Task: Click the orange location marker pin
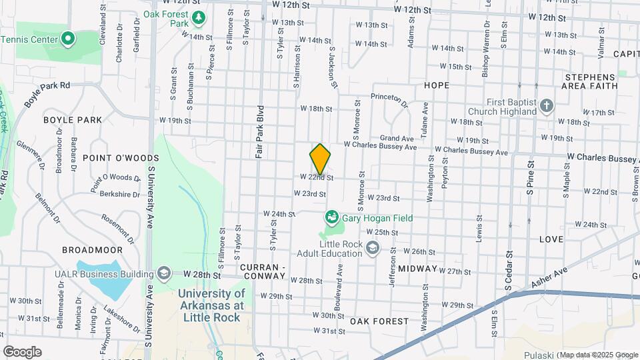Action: (320, 159)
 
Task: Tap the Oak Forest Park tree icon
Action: (198, 17)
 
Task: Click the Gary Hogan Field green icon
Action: (331, 218)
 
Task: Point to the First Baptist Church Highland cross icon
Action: (546, 106)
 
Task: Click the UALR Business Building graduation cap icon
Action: (164, 273)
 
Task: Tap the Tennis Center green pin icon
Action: (68, 39)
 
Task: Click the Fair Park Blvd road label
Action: (260, 131)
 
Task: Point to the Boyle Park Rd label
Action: (47, 94)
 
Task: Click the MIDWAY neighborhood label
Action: (418, 268)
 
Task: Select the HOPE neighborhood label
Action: (436, 85)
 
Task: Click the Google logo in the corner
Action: (22, 351)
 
